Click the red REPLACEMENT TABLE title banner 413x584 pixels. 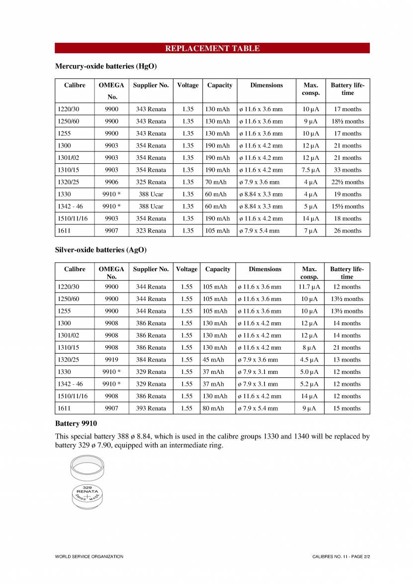click(212, 48)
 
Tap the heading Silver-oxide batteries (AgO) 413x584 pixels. click(100, 250)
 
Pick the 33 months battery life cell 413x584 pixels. click(347, 170)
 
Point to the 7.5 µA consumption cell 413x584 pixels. click(310, 170)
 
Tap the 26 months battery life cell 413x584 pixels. click(347, 230)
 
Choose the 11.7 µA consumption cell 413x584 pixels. click(309, 287)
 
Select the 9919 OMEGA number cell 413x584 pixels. click(111, 360)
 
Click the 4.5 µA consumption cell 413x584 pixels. click(309, 360)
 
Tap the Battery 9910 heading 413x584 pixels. click(76, 424)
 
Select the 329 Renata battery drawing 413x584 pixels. click(87, 497)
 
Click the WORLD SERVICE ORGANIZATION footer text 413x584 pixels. click(89, 557)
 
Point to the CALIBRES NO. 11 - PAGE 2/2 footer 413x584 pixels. click(337, 557)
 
